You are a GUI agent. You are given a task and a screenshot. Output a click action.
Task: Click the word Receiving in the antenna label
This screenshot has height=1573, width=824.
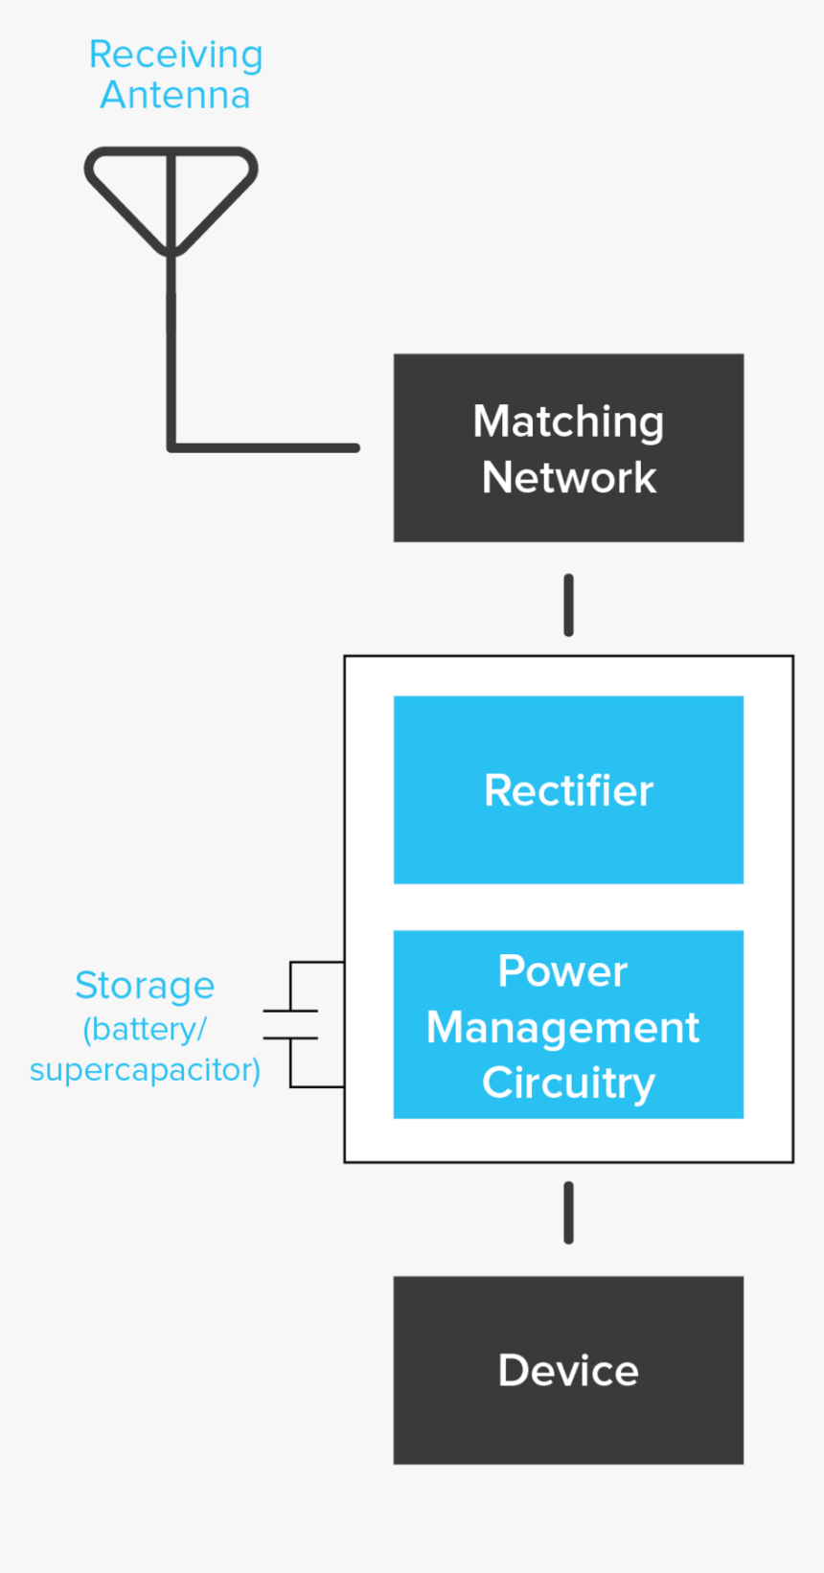tap(175, 56)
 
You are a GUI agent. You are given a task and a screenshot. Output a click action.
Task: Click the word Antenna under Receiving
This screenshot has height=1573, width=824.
tap(175, 96)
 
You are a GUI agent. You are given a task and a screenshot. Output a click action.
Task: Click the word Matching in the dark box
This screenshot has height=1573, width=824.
tap(568, 422)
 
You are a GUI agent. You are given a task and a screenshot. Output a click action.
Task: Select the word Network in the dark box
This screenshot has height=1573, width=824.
tap(568, 477)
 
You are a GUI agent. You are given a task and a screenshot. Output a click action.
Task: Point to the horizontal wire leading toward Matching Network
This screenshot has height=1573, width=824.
tap(268, 447)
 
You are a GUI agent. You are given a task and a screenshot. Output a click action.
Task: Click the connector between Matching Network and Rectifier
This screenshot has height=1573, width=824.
tap(568, 604)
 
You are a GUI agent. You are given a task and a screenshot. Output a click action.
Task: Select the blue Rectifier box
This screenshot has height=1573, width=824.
tap(568, 843)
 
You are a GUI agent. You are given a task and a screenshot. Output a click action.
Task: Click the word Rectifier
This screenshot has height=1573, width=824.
tap(568, 791)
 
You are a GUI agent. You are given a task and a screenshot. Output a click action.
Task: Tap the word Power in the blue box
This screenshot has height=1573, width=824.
tap(562, 971)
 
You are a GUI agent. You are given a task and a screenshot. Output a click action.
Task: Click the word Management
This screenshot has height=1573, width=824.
tap(562, 1028)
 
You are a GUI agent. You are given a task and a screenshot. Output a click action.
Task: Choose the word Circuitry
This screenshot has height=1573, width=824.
tap(568, 1083)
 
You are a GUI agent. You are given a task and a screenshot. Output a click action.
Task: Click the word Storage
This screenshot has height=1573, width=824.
tap(145, 986)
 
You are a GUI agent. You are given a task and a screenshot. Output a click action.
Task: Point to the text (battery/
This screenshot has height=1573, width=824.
tap(145, 1029)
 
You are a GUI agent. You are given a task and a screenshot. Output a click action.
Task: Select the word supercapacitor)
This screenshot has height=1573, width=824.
tap(145, 1069)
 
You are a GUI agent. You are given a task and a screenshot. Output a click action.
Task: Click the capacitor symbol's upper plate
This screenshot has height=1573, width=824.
tap(290, 1011)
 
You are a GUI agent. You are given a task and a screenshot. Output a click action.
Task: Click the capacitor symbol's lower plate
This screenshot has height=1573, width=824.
tap(290, 1037)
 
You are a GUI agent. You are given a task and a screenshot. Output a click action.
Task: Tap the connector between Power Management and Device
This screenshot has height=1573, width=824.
tap(568, 1213)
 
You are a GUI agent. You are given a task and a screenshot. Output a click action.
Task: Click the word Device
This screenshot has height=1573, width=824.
tap(568, 1371)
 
